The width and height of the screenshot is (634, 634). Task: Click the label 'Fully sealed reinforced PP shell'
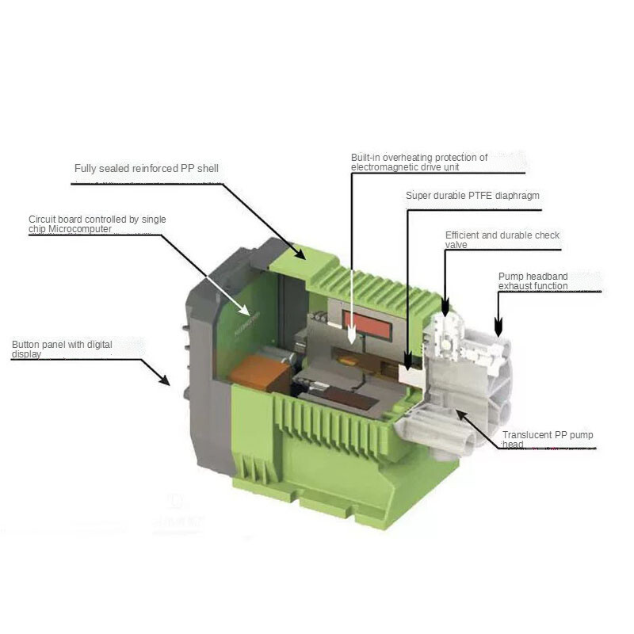[x=146, y=169]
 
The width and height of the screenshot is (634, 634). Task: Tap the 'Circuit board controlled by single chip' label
[x=97, y=224]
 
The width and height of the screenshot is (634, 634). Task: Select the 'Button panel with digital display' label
[x=62, y=349]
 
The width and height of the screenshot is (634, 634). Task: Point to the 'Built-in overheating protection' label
[x=419, y=162]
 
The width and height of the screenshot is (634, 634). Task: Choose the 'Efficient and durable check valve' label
[x=502, y=240]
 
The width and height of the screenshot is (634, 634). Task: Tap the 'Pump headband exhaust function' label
[x=533, y=281]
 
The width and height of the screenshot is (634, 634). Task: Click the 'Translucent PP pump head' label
[x=547, y=440]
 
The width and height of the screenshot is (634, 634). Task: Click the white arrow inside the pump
[x=352, y=317]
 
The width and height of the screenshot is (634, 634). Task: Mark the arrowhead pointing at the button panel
[x=163, y=380]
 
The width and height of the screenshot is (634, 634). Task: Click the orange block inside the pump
[x=252, y=372]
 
